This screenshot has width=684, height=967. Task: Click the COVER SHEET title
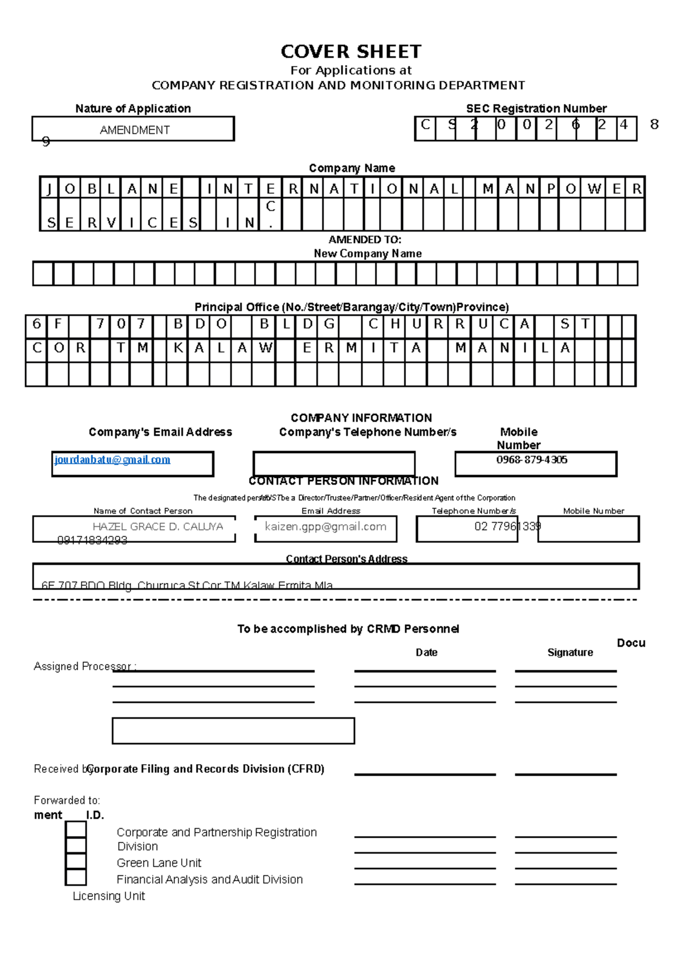point(351,52)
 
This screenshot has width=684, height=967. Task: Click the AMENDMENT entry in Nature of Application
point(135,130)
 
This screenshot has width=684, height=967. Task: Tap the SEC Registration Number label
point(536,108)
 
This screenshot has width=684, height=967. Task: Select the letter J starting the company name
point(49,189)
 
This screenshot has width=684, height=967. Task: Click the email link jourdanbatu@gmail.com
point(112,460)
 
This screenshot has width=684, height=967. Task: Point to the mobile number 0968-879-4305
point(531,460)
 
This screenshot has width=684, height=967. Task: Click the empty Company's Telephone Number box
point(333,464)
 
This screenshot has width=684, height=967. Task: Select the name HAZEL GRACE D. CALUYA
point(157,527)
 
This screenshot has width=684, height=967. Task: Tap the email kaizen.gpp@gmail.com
point(325,527)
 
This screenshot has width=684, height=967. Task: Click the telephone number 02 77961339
point(507,526)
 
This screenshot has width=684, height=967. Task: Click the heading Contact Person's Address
point(347,559)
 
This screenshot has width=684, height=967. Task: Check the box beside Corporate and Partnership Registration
point(76,829)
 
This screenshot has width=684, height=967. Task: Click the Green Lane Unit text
point(158,863)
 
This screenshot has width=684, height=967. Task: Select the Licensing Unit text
point(108,896)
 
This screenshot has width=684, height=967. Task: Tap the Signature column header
point(570,652)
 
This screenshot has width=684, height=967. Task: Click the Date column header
point(426,652)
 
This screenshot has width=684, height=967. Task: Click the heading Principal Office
point(351,307)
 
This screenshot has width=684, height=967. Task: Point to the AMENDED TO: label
point(365,240)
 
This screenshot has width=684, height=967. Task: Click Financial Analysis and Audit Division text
point(209,879)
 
